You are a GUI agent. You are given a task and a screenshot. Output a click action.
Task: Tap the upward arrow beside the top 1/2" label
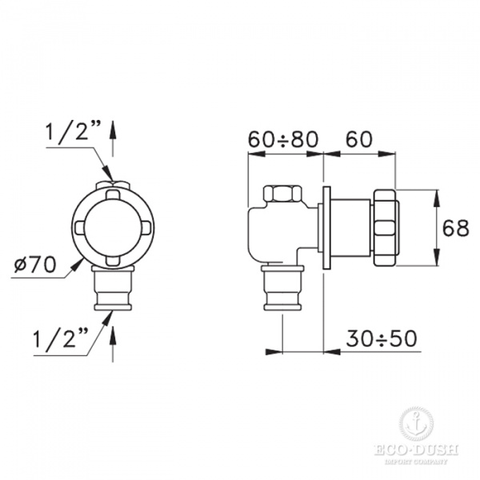pyautogui.click(x=112, y=136)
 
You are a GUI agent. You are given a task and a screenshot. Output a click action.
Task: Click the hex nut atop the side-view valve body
pyautogui.click(x=282, y=194)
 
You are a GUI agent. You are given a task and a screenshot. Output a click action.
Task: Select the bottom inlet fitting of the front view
pyautogui.click(x=110, y=290)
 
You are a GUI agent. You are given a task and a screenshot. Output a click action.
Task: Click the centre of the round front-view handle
pyautogui.click(x=110, y=226)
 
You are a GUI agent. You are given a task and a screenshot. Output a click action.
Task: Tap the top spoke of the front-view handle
pyautogui.click(x=110, y=192)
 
